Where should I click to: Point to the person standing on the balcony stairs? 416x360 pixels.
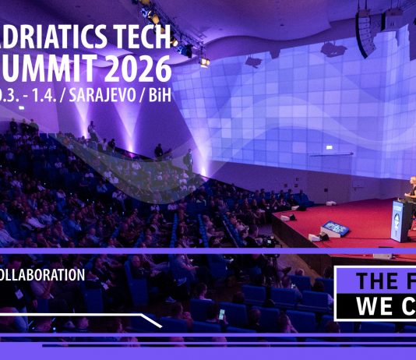coord(188,159)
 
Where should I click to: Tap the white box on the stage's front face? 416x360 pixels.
coord(383,255)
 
